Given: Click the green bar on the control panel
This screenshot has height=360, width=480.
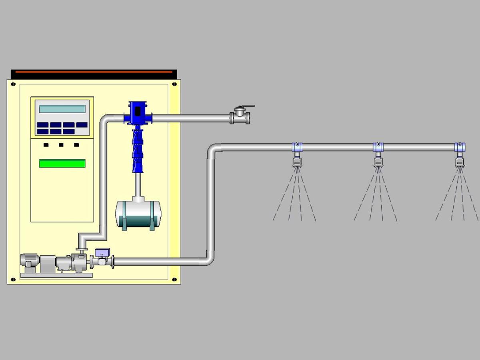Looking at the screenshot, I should click(x=62, y=163).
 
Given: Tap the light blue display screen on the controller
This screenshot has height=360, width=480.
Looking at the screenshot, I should click(x=62, y=109).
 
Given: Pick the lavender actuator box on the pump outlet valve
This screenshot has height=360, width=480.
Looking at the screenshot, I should click(x=102, y=252).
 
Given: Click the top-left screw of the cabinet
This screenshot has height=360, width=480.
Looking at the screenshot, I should click(x=13, y=84).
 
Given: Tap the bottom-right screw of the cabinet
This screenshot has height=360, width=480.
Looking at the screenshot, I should click(x=174, y=279).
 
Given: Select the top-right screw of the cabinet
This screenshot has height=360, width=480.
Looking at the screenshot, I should click(x=174, y=84).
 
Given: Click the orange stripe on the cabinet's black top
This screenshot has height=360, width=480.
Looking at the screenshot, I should click(x=94, y=72).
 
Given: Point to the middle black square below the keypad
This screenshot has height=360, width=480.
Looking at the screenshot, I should click(x=61, y=145).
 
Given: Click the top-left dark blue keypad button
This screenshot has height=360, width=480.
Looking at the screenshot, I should click(x=43, y=125).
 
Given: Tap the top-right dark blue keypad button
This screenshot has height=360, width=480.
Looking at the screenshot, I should click(x=82, y=125).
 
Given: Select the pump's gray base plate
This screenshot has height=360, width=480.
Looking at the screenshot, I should click(x=56, y=275).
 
